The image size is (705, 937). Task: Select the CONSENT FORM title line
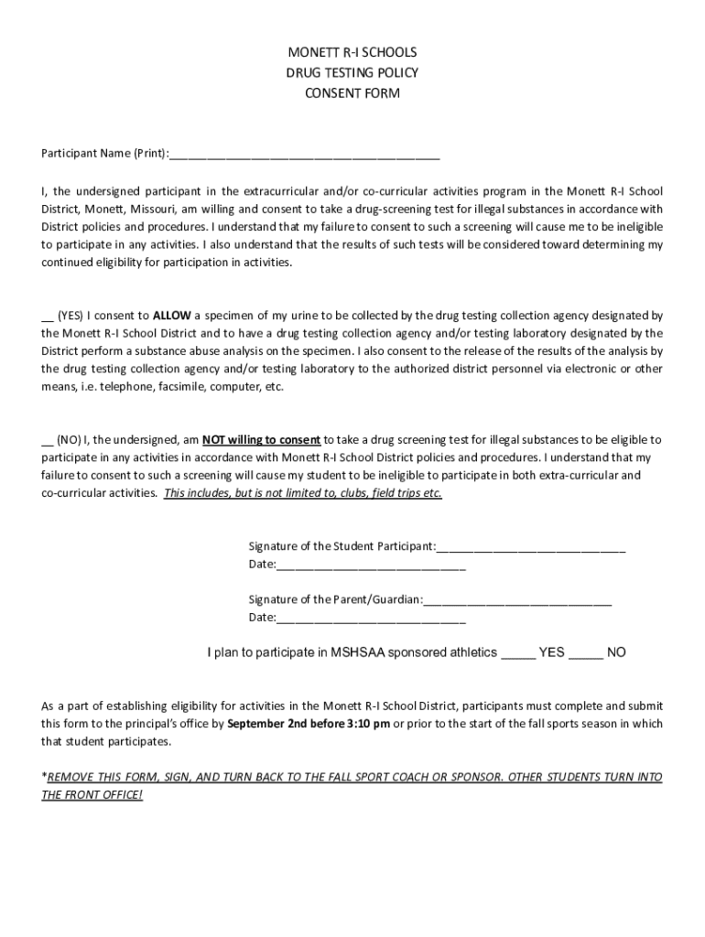[352, 92]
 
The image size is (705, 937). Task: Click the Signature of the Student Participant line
[531, 548]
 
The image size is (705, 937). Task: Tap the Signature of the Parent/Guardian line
[518, 601]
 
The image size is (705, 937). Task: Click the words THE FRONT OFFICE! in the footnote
[92, 795]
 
